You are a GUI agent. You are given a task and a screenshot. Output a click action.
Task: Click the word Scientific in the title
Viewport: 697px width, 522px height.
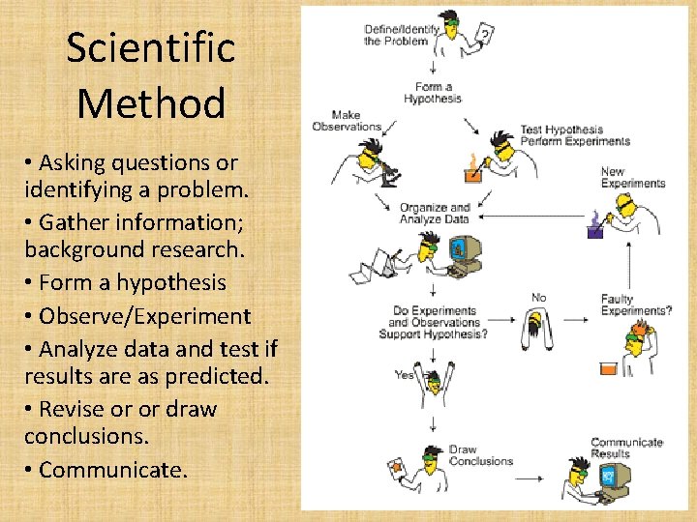pos(151,47)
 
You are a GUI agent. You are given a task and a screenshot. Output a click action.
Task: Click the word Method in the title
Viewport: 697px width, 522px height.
pos(151,102)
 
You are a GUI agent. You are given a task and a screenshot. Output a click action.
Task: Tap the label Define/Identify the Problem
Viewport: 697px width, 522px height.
pos(402,36)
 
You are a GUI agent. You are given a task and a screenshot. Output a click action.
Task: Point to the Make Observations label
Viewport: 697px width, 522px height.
pos(347,121)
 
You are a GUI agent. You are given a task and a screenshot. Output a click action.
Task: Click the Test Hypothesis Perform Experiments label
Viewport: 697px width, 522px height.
pos(574,135)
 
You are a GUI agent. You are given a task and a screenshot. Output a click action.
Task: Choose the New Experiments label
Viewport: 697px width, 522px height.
pos(632,178)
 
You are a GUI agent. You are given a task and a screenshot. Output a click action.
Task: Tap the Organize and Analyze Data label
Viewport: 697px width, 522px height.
pos(435,214)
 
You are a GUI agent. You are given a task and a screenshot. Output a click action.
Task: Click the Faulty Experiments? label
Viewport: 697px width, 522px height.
pos(635,305)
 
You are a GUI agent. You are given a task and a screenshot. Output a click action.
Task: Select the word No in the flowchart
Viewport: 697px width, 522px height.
pos(540,297)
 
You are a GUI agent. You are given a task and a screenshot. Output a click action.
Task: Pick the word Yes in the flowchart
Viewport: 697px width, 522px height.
pos(405,375)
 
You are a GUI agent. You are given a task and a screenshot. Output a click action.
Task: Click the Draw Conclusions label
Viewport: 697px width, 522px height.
pos(480,455)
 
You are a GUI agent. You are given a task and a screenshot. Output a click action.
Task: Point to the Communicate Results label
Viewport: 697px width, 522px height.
pos(626,449)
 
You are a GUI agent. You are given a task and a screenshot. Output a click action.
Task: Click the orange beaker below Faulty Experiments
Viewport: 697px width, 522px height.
pos(608,369)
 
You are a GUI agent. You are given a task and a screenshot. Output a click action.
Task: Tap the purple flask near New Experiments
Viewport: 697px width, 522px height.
pos(592,231)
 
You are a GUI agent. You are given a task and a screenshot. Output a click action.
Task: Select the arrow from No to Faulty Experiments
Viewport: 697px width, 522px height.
pos(574,317)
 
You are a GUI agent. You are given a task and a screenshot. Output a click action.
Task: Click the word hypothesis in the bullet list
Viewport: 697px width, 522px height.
pos(171,283)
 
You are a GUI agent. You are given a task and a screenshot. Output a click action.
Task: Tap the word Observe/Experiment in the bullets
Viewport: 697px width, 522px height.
pos(144,316)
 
